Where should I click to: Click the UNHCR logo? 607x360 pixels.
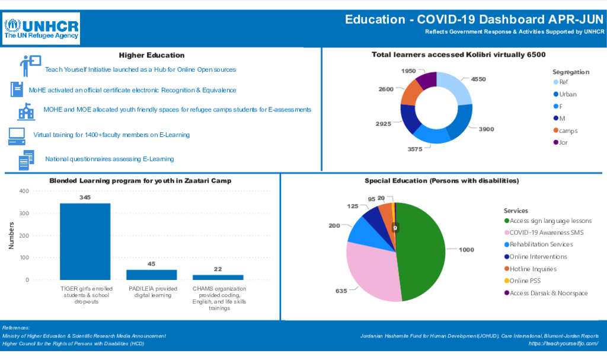(41, 28)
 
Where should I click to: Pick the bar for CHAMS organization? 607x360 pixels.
(218, 277)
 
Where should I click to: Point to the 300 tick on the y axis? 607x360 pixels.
(24, 214)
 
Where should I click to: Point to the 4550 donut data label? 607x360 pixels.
(478, 79)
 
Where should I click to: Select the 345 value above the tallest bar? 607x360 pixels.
(85, 197)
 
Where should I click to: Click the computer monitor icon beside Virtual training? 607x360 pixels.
(17, 136)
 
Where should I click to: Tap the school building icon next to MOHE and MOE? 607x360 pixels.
(25, 111)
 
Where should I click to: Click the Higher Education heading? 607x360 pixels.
(152, 55)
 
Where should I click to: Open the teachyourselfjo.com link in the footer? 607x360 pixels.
(563, 344)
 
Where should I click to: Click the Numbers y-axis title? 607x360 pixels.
(11, 235)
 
